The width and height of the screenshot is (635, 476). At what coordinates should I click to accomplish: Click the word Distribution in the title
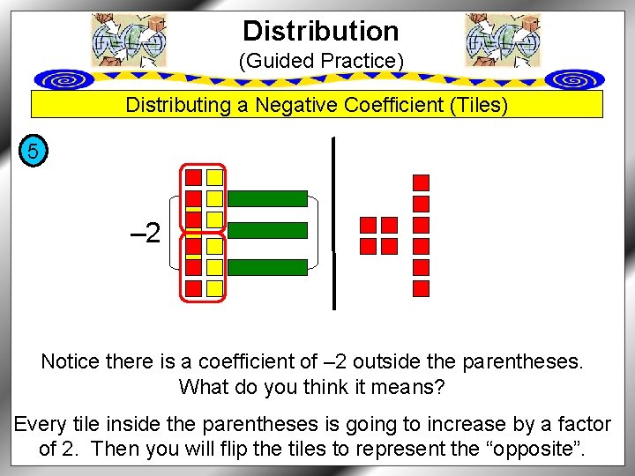coord(321,32)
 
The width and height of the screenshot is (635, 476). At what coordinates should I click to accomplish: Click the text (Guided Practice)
coord(321,62)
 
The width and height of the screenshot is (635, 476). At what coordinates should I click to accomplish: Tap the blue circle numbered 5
coord(33,152)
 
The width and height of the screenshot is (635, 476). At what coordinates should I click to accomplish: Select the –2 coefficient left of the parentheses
coord(145,234)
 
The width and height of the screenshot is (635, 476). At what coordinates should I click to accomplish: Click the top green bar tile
coord(273,198)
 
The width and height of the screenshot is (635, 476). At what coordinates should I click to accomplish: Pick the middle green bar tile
coord(273,230)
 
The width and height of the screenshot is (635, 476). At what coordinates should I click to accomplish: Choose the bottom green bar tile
coord(273,262)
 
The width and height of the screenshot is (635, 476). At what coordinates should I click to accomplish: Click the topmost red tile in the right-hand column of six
coord(422,182)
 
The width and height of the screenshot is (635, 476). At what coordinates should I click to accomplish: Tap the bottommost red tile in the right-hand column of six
coord(422,288)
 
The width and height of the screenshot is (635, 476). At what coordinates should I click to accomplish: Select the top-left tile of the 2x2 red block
coord(369,225)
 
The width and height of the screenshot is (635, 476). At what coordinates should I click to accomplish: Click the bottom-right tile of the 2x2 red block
coord(389,245)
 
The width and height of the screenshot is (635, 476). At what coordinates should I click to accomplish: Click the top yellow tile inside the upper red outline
coord(214,177)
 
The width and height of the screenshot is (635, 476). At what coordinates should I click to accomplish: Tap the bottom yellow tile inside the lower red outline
coord(214,287)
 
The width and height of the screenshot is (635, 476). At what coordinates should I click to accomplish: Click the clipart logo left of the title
coord(129,41)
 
